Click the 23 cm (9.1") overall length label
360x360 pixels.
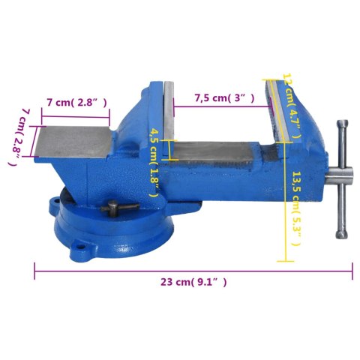point(193,282)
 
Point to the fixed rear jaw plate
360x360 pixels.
point(169,112)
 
